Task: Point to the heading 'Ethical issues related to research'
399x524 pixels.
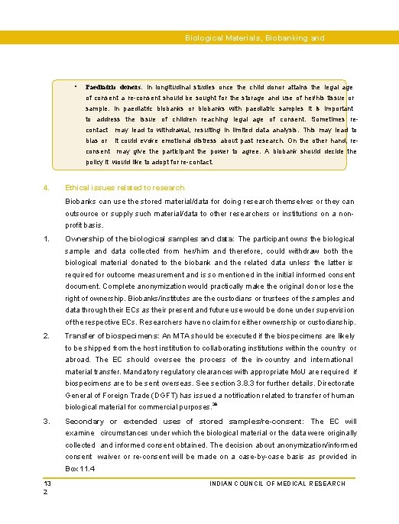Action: pyautogui.click(x=125, y=187)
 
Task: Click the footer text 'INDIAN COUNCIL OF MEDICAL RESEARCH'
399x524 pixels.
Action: pyautogui.click(x=277, y=484)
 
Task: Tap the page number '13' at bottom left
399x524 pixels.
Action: pyautogui.click(x=47, y=484)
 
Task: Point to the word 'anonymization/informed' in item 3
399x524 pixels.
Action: pyautogui.click(x=314, y=445)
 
